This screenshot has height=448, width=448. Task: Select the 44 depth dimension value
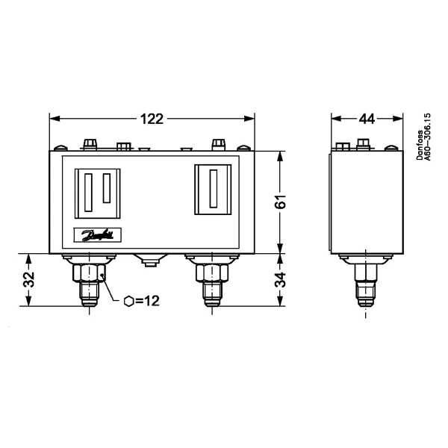point(366,119)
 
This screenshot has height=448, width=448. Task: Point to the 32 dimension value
point(28,280)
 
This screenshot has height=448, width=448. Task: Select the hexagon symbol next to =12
point(129,301)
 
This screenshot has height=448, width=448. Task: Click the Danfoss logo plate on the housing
point(97,236)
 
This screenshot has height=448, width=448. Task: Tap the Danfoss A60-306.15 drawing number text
point(423,139)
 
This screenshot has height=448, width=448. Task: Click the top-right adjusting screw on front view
point(218,143)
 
